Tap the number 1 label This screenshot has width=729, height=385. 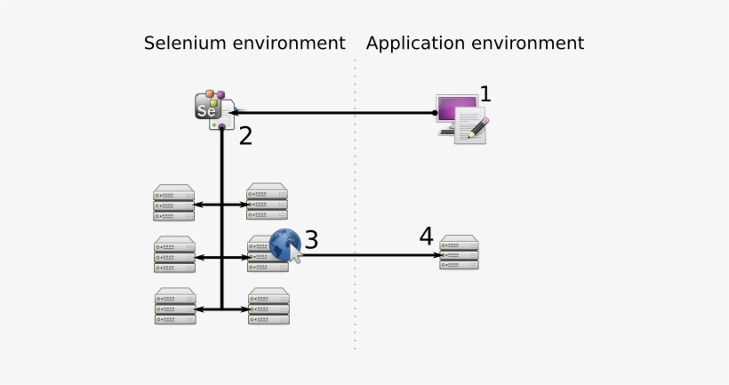tap(485, 93)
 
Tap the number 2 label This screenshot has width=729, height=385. tap(245, 136)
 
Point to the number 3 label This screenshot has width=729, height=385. tap(311, 239)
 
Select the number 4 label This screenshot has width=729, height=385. tap(427, 237)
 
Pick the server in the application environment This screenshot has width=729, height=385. tap(460, 253)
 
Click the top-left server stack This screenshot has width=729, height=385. tap(174, 203)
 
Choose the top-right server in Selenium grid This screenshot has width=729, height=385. tap(268, 202)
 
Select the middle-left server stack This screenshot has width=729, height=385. tap(174, 255)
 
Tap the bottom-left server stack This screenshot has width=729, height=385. tap(175, 307)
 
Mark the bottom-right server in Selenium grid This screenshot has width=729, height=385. tap(268, 306)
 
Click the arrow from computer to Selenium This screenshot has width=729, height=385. tap(338, 113)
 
